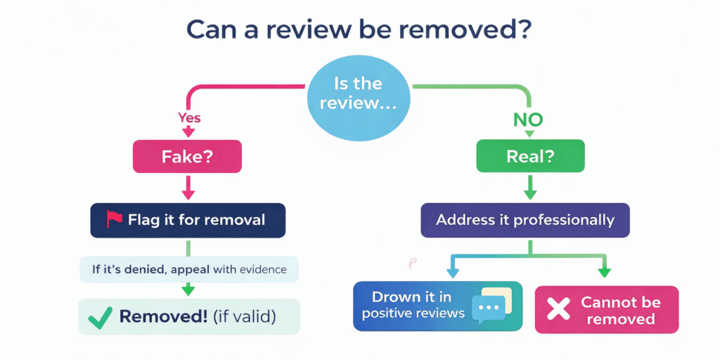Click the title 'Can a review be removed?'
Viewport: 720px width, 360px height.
359,30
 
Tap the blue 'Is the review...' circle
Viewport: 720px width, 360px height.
359,94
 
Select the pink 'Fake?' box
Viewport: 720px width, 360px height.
187,157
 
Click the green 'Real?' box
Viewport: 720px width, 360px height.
530,157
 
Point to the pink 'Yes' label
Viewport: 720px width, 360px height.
189,117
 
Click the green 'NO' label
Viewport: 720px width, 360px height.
528,120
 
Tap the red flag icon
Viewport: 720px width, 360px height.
114,219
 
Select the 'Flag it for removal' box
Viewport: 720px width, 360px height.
188,220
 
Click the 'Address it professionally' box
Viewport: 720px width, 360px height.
525,220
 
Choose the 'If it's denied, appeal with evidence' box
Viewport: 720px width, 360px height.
188,269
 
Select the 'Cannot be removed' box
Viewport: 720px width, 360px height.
606,310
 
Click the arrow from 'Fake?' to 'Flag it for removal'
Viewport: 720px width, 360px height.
188,187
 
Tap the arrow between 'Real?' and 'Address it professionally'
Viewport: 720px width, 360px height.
530,187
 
